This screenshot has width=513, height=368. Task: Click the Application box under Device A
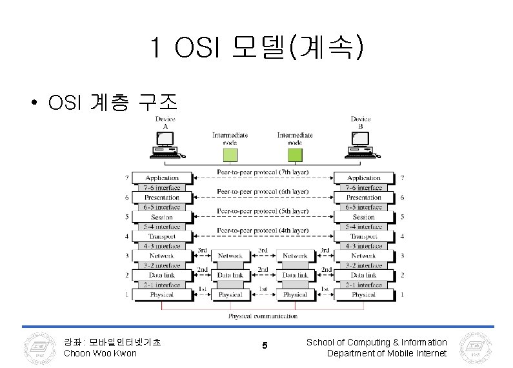click(x=162, y=178)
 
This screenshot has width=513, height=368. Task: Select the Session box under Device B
click(x=363, y=217)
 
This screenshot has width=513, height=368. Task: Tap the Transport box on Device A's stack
click(x=162, y=236)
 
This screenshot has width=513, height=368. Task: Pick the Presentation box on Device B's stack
click(x=363, y=198)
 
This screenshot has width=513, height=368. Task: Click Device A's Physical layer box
click(x=162, y=294)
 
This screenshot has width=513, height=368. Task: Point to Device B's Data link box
click(x=363, y=275)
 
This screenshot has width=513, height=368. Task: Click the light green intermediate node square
click(x=230, y=154)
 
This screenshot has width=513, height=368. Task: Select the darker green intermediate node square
click(x=295, y=154)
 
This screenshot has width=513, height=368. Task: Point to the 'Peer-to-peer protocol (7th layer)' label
click(x=263, y=172)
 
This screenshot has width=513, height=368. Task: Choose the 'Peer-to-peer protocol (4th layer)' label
click(x=263, y=230)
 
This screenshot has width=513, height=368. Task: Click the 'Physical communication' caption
click(x=263, y=316)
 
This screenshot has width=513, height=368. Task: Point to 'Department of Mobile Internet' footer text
click(x=387, y=353)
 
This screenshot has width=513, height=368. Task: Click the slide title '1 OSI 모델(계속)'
click(x=256, y=46)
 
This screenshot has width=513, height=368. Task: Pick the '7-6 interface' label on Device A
click(x=162, y=188)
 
